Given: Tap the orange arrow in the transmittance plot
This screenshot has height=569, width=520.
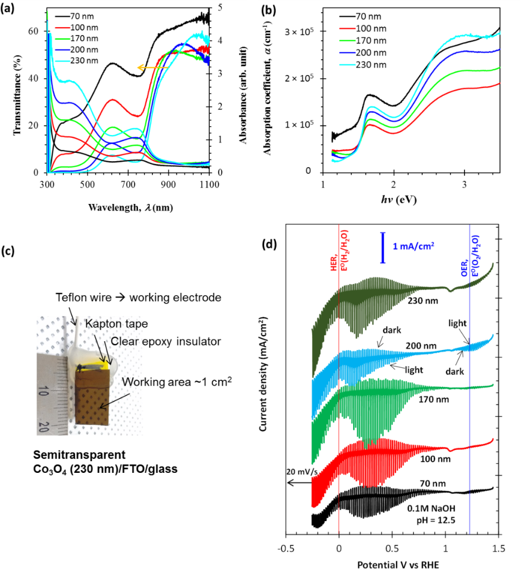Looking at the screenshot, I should pos(153,68).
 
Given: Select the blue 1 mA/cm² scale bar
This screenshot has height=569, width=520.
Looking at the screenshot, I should pos(383,247).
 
